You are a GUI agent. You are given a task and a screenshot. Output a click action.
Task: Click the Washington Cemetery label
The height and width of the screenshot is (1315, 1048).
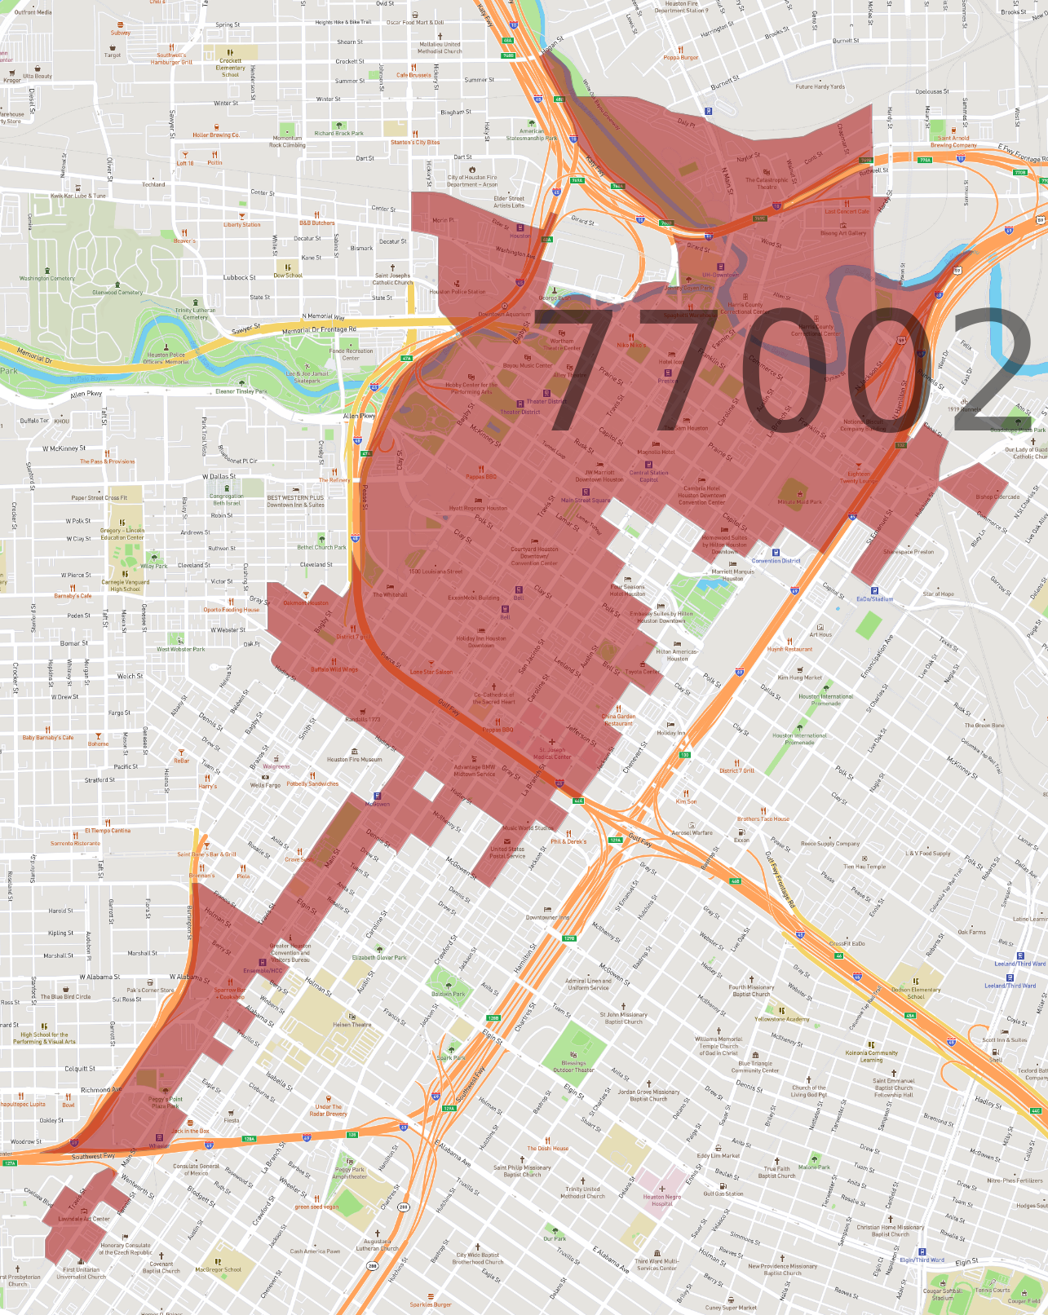[x=46, y=278]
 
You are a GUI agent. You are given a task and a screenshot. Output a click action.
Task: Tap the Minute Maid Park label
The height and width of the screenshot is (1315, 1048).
[x=798, y=502]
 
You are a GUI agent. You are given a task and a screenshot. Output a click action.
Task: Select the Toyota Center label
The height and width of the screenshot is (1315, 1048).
[x=643, y=672]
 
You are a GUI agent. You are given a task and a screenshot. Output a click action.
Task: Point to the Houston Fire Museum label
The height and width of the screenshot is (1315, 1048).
[x=354, y=759]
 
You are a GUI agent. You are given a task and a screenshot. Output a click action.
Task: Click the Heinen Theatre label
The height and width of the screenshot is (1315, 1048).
[x=352, y=1025]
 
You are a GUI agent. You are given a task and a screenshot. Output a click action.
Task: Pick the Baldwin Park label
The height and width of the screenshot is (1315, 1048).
[x=448, y=994]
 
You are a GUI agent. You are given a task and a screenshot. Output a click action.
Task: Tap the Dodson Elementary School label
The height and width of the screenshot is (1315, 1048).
[x=915, y=993]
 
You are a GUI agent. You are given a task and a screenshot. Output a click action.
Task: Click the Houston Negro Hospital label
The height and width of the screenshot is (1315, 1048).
[x=661, y=1200]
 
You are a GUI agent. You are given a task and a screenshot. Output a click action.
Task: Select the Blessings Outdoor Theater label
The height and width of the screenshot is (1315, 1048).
[x=573, y=1066]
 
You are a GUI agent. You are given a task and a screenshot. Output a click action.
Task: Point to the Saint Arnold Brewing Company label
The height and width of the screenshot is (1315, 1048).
[x=953, y=141]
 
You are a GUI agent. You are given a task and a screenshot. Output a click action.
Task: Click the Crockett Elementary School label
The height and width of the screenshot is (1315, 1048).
[x=230, y=67]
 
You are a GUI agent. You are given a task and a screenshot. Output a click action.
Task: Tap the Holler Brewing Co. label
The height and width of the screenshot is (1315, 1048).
[x=215, y=135]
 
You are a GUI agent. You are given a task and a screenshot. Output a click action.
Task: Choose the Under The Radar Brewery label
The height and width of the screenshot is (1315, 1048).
[x=328, y=1110]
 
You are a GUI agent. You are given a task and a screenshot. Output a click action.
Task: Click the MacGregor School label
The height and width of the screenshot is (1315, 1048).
[x=218, y=1269]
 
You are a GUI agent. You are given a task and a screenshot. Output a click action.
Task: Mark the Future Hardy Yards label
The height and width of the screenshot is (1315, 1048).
[x=820, y=86]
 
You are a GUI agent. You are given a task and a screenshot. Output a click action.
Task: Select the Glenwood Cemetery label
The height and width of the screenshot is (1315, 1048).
[x=117, y=292]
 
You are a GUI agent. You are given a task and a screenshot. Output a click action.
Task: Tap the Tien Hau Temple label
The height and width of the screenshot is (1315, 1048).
[x=864, y=867]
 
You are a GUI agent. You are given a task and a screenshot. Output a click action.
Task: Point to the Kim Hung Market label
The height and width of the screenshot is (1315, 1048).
[x=799, y=677]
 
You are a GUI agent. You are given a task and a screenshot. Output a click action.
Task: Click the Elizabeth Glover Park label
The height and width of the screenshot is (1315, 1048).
[x=378, y=958]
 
